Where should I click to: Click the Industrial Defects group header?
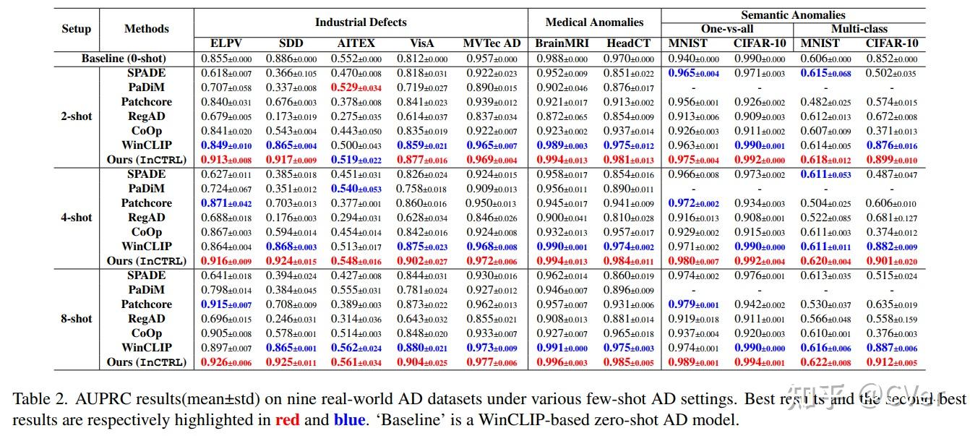[361, 22]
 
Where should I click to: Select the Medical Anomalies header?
[593, 22]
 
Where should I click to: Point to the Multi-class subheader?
[859, 29]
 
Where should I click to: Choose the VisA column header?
[421, 43]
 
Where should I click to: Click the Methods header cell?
[147, 29]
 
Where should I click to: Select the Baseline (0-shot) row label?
[124, 58]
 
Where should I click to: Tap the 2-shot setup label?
[77, 116]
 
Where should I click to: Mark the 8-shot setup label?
[77, 319]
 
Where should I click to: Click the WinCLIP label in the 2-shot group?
[146, 145]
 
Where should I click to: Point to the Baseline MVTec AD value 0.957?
[492, 59]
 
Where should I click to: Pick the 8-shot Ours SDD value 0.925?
[291, 362]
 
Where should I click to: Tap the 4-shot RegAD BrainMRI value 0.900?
[560, 218]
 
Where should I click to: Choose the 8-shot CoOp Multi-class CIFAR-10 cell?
[891, 333]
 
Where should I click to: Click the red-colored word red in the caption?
[287, 420]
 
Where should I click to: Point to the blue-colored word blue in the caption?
[349, 420]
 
